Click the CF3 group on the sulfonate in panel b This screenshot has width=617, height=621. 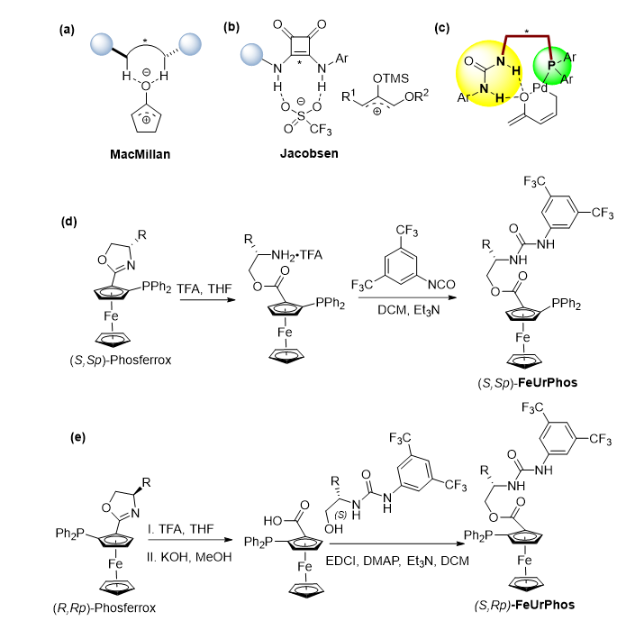(x=324, y=129)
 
